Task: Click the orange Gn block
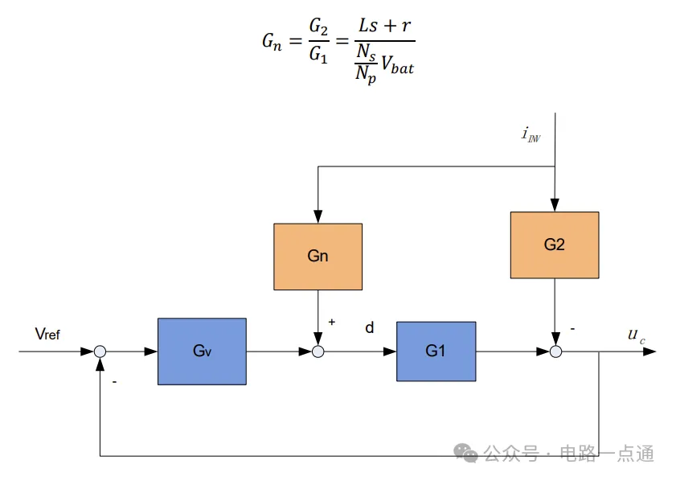[318, 257]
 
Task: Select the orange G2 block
[554, 245]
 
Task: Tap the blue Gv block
[202, 351]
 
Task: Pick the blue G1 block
[436, 351]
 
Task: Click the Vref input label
[47, 334]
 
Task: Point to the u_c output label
[636, 335]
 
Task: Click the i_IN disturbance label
[531, 134]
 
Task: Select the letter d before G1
[370, 328]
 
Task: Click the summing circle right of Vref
[100, 351]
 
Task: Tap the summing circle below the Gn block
[318, 351]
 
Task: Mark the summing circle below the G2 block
[555, 351]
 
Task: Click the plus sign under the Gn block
[331, 322]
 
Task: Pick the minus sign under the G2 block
[572, 328]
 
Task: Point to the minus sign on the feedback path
[114, 382]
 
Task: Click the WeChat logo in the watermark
[465, 454]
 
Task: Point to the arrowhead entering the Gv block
[152, 351]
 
